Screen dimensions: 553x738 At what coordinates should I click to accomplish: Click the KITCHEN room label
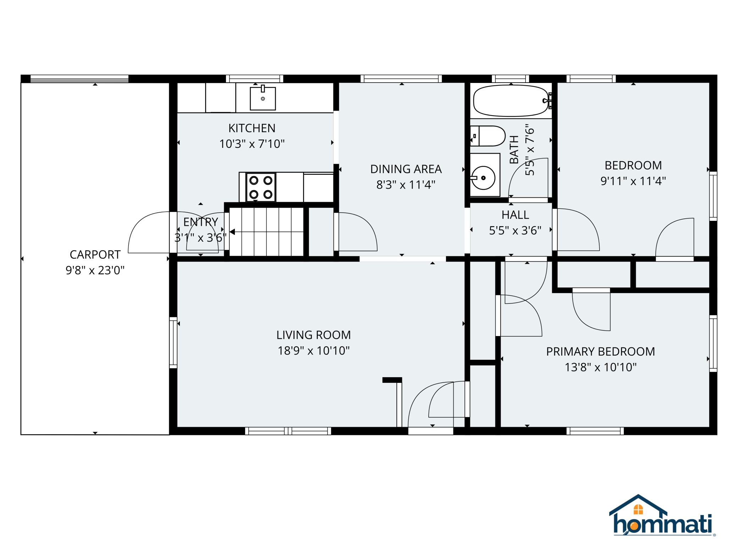pyautogui.click(x=252, y=128)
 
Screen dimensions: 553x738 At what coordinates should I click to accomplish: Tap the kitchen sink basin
pyautogui.click(x=263, y=99)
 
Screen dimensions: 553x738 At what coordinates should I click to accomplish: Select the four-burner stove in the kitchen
pyautogui.click(x=261, y=187)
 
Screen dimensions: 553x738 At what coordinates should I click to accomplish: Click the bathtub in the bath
pyautogui.click(x=511, y=101)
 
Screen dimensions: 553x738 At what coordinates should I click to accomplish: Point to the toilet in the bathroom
pyautogui.click(x=490, y=136)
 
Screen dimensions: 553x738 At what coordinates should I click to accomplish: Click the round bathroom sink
pyautogui.click(x=483, y=178)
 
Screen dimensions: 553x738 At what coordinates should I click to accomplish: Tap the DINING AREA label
pyautogui.click(x=406, y=169)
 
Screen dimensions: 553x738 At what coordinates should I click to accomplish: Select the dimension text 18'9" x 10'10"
pyautogui.click(x=313, y=351)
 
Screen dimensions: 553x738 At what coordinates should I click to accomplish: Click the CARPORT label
pyautogui.click(x=95, y=255)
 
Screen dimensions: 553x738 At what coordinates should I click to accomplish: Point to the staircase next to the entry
pyautogui.click(x=266, y=232)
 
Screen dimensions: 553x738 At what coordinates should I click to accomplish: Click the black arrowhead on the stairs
pyautogui.click(x=232, y=232)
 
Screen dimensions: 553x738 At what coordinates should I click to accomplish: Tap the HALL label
pyautogui.click(x=515, y=215)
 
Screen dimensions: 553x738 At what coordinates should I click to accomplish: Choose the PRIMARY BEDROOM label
pyautogui.click(x=600, y=351)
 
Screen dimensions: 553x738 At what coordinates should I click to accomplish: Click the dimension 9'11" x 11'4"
pyautogui.click(x=633, y=181)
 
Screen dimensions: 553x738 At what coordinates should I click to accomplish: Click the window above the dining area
pyautogui.click(x=401, y=79)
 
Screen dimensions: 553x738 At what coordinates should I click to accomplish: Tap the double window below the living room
pyautogui.click(x=288, y=431)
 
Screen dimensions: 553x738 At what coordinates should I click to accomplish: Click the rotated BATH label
pyautogui.click(x=514, y=149)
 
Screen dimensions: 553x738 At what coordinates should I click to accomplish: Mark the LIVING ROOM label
pyautogui.click(x=313, y=335)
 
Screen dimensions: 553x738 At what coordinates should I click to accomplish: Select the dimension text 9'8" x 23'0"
pyautogui.click(x=95, y=270)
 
